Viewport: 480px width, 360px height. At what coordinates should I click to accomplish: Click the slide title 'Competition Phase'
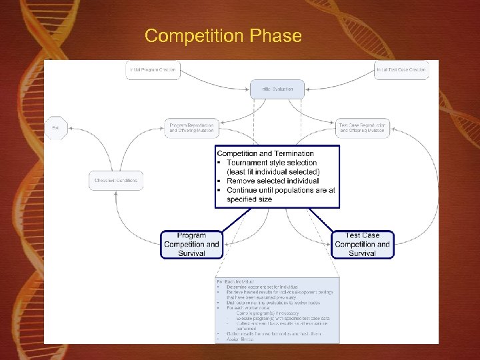223,35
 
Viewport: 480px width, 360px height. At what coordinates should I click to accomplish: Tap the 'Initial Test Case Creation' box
401,69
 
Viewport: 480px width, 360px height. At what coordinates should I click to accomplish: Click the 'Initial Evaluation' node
277,89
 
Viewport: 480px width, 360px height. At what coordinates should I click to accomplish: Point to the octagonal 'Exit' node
55,128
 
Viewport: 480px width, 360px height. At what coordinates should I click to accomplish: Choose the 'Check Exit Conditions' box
116,180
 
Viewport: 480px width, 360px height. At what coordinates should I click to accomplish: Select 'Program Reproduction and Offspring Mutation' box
191,128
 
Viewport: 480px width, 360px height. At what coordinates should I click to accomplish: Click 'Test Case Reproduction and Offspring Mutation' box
362,128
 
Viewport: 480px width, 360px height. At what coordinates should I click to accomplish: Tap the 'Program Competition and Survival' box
191,244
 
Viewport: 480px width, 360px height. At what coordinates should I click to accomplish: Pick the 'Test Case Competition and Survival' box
362,244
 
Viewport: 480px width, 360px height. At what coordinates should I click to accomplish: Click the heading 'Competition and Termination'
265,153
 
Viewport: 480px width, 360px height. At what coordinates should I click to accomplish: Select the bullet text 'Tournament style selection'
272,163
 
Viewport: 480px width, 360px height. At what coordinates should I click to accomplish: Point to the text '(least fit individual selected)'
273,171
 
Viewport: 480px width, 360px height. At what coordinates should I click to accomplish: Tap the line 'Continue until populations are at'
281,190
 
